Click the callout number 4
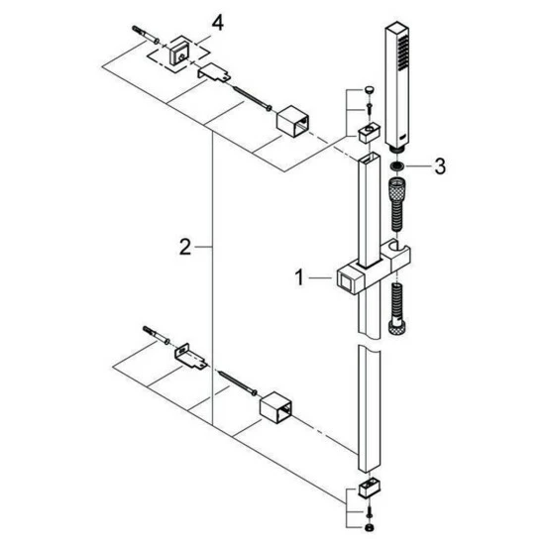[218, 24]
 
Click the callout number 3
[440, 166]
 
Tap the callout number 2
[185, 247]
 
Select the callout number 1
[299, 278]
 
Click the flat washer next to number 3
[396, 166]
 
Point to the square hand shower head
[397, 86]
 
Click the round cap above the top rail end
[370, 90]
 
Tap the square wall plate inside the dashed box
[179, 54]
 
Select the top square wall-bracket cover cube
[293, 122]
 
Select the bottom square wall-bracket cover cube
[276, 407]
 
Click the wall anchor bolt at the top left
[146, 35]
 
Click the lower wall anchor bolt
[156, 335]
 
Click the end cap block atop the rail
[370, 133]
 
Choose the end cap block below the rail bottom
[370, 490]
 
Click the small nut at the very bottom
[371, 527]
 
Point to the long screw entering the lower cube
[238, 382]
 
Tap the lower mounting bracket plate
[190, 357]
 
